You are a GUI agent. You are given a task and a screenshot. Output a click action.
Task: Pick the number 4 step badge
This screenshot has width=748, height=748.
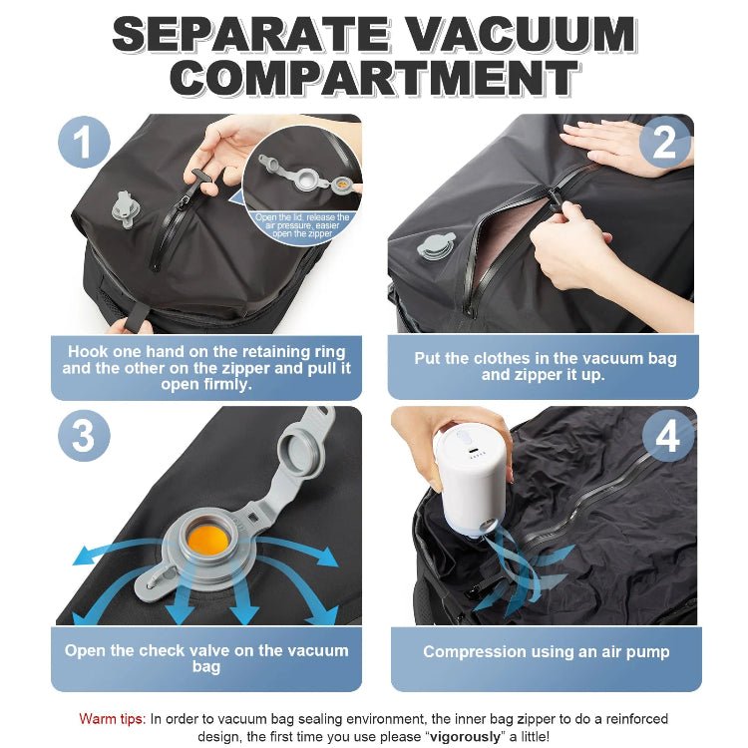(x=663, y=435)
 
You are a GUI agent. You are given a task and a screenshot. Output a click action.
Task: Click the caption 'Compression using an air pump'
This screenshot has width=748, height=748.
(x=546, y=651)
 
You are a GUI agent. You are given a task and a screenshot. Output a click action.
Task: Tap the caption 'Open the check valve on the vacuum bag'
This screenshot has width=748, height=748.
(x=206, y=659)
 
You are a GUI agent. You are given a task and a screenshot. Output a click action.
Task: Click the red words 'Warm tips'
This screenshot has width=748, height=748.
(x=113, y=718)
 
